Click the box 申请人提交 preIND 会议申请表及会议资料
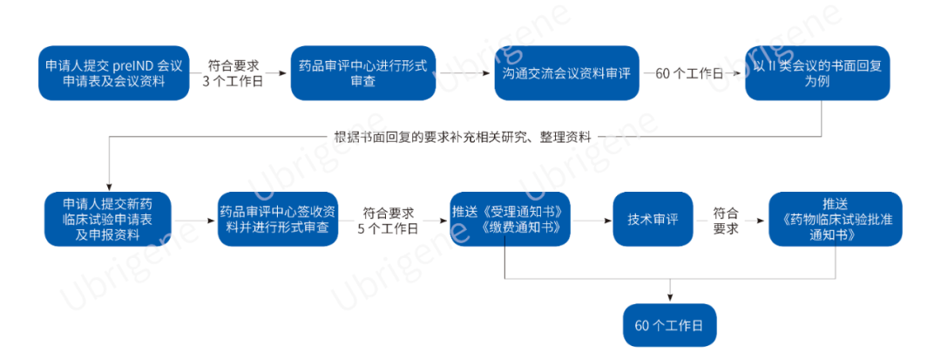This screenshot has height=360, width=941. click(x=113, y=73)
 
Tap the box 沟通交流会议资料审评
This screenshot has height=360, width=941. click(x=565, y=73)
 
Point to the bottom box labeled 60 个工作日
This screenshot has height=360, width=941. click(x=669, y=326)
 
